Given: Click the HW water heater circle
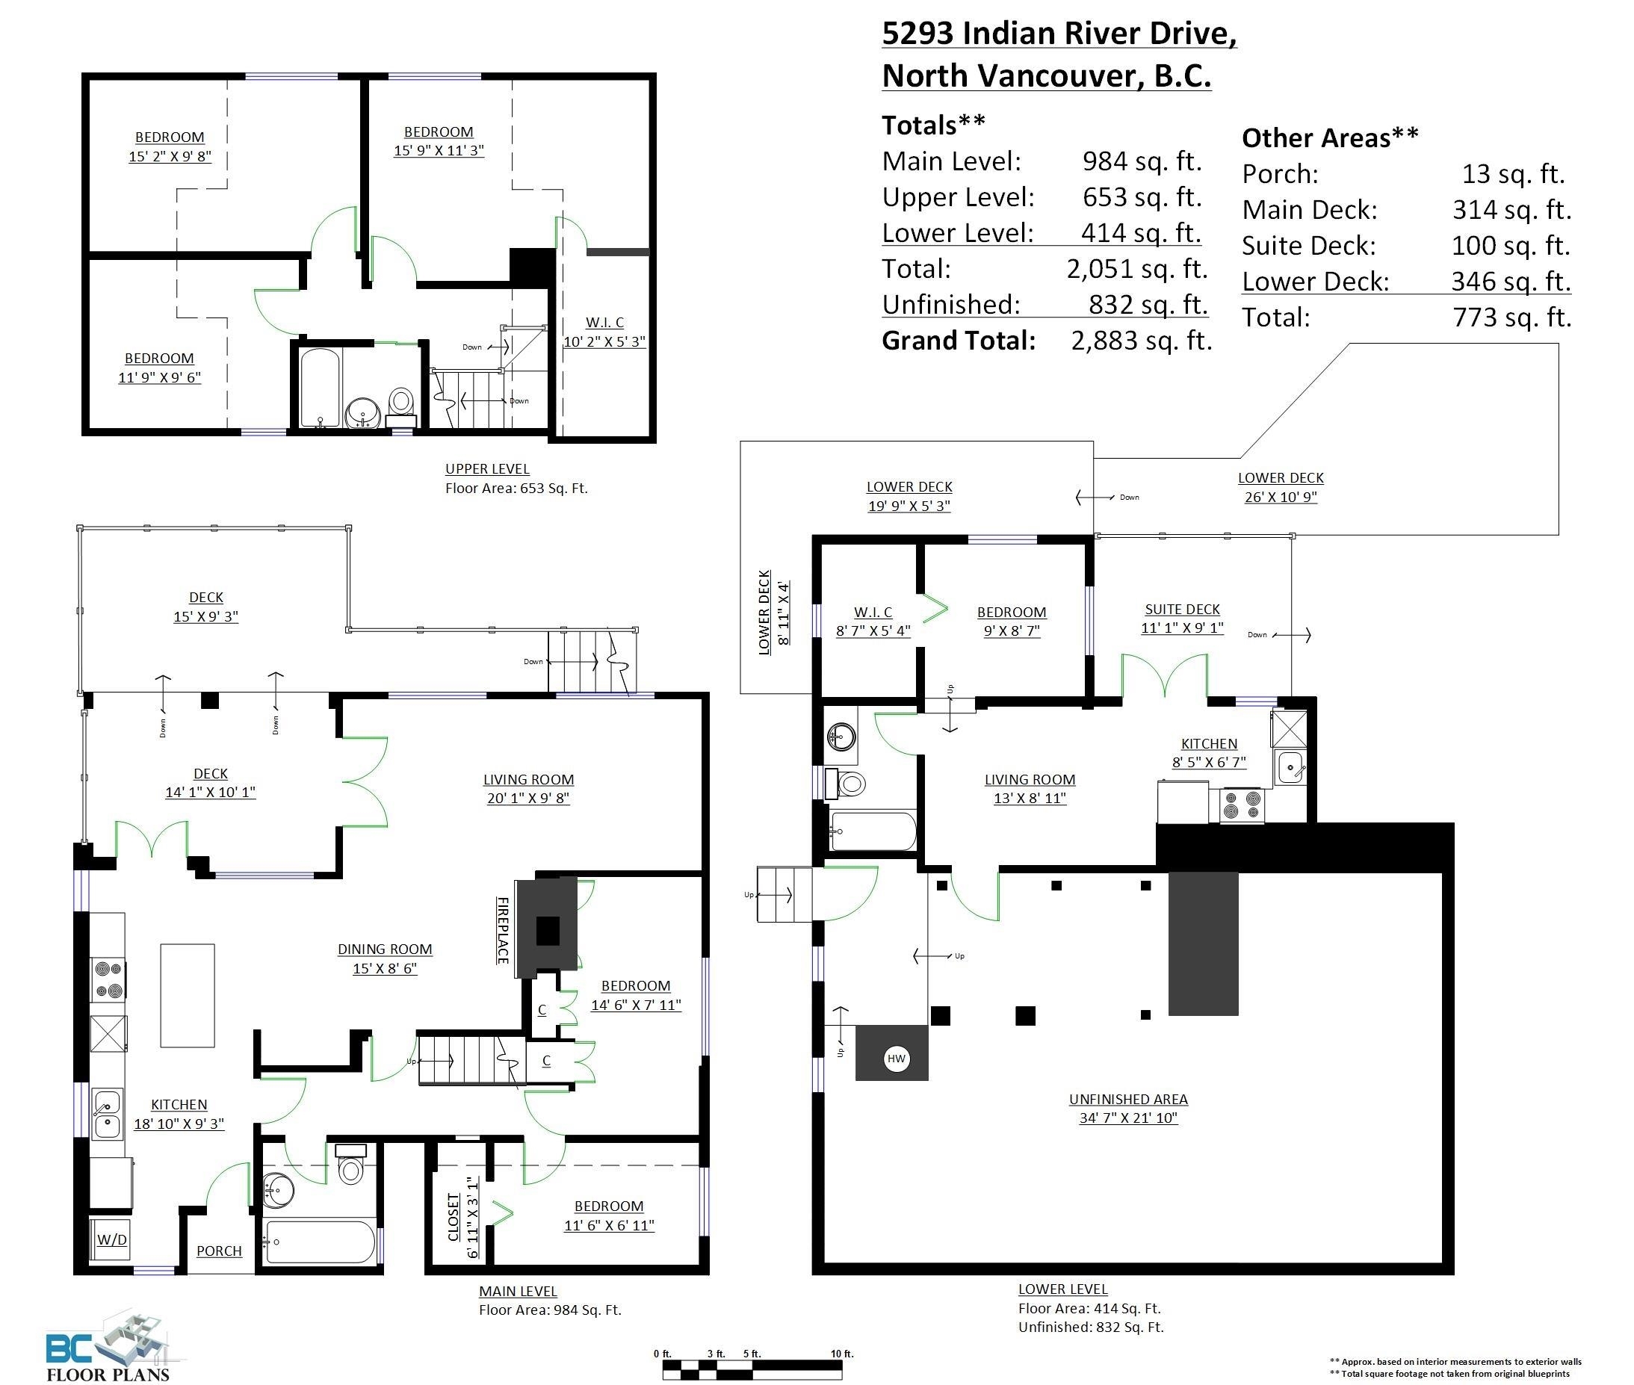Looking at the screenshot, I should (x=896, y=1059).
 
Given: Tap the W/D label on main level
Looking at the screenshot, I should (x=111, y=1240).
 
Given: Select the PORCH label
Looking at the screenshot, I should (x=219, y=1251).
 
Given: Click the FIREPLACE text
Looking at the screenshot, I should (x=503, y=930).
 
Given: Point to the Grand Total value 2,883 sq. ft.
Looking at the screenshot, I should (x=1141, y=341).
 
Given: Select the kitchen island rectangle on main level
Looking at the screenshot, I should (x=188, y=995).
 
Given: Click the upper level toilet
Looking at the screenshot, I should (x=401, y=403).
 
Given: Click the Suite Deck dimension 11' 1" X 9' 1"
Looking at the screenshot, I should (x=1182, y=628).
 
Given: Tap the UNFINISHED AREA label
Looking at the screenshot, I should (x=1127, y=1099).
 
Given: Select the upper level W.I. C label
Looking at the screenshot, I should (x=604, y=323).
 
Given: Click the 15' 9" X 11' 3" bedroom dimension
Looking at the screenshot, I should (x=438, y=151).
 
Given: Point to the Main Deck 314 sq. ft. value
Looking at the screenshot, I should (x=1511, y=210).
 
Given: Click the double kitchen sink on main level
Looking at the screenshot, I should (x=108, y=1114).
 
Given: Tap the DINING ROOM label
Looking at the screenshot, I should (x=385, y=949).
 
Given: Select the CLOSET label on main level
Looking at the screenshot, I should (x=453, y=1217).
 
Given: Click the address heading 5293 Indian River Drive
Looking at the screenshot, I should (x=1059, y=34).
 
